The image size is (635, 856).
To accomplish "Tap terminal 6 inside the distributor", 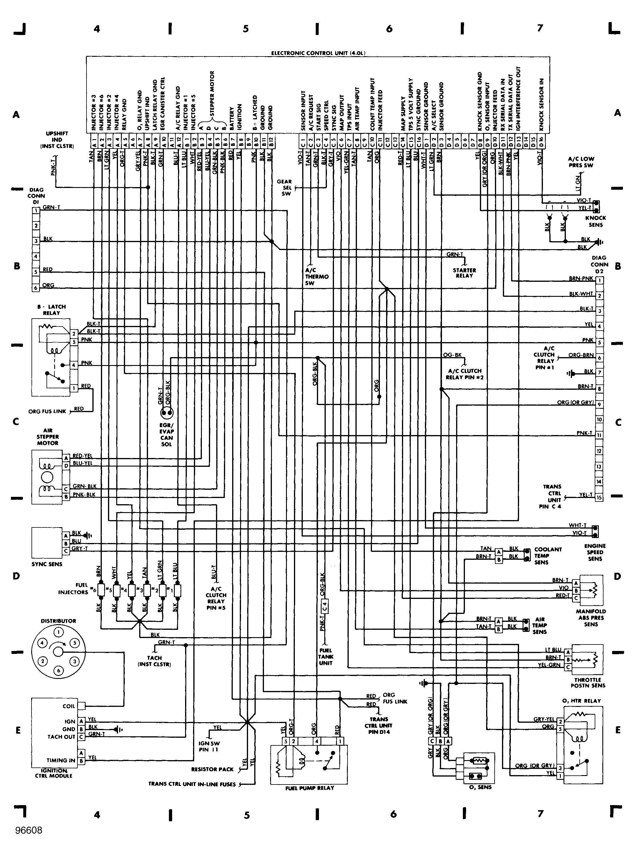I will pyautogui.click(x=59, y=671).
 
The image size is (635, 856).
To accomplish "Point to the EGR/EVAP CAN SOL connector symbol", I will pyautogui.click(x=167, y=413).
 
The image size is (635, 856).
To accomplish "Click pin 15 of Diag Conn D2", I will pyautogui.click(x=599, y=498).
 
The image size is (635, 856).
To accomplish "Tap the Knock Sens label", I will pyautogui.click(x=595, y=221).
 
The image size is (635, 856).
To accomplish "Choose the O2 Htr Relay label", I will pyautogui.click(x=581, y=701).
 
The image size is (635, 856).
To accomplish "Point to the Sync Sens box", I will pyautogui.click(x=46, y=542).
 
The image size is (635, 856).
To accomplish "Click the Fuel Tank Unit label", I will pyautogui.click(x=325, y=657).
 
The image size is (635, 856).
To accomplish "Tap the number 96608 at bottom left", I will pyautogui.click(x=29, y=830).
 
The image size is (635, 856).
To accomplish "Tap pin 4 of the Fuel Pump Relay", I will pyautogui.click(x=317, y=741).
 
